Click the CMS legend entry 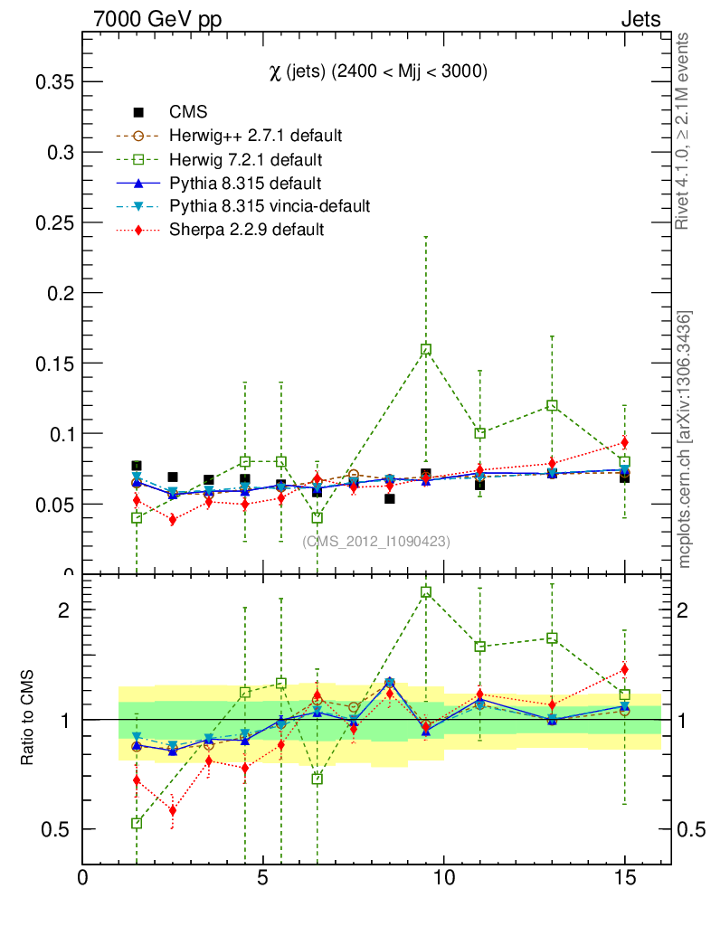(188, 113)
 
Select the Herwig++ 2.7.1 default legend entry (255, 137)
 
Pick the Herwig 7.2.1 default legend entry (246, 160)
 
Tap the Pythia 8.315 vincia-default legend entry (270, 206)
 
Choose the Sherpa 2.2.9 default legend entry (246, 230)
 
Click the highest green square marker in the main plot (426, 349)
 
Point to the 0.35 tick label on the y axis (53, 82)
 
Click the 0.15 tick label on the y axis (53, 364)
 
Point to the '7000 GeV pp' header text (157, 19)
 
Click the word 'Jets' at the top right (640, 19)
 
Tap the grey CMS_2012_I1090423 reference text (376, 542)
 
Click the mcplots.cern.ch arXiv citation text (685, 439)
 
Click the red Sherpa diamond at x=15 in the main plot (624, 442)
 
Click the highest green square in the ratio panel (426, 592)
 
